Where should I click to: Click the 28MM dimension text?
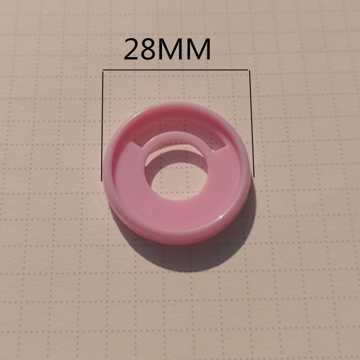click(167, 50)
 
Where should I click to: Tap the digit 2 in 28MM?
click(131, 50)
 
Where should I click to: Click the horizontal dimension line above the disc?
click(175, 70)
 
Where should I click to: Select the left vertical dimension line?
click(102, 126)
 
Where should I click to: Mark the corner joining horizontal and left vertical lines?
click(103, 70)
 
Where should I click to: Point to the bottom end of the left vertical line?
click(102, 180)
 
